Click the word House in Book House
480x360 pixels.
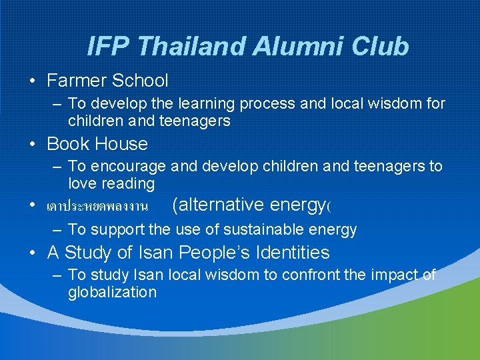pyautogui.click(x=121, y=143)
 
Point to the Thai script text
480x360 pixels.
pyautogui.click(x=97, y=206)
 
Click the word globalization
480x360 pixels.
pyautogui.click(x=112, y=292)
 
